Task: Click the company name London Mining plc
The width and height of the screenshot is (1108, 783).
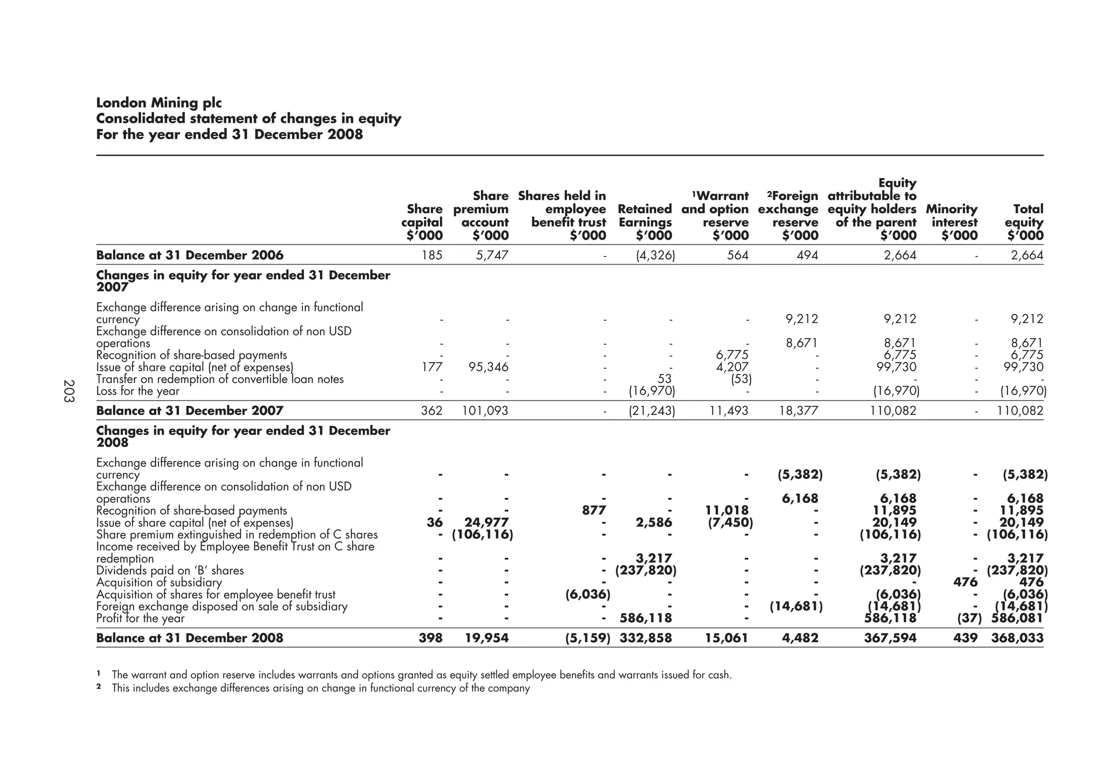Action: tap(159, 103)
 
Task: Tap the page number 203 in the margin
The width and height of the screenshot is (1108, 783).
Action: tap(69, 391)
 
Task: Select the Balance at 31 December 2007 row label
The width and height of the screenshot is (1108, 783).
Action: tap(189, 411)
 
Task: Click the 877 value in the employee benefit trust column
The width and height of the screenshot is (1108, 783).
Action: tap(593, 510)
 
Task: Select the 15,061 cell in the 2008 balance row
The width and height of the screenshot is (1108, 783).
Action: tap(727, 638)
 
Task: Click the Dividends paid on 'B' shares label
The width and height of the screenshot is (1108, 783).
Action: tap(170, 570)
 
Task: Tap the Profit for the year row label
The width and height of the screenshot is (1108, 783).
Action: tap(140, 618)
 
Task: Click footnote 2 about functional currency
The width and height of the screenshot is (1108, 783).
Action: tap(320, 689)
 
